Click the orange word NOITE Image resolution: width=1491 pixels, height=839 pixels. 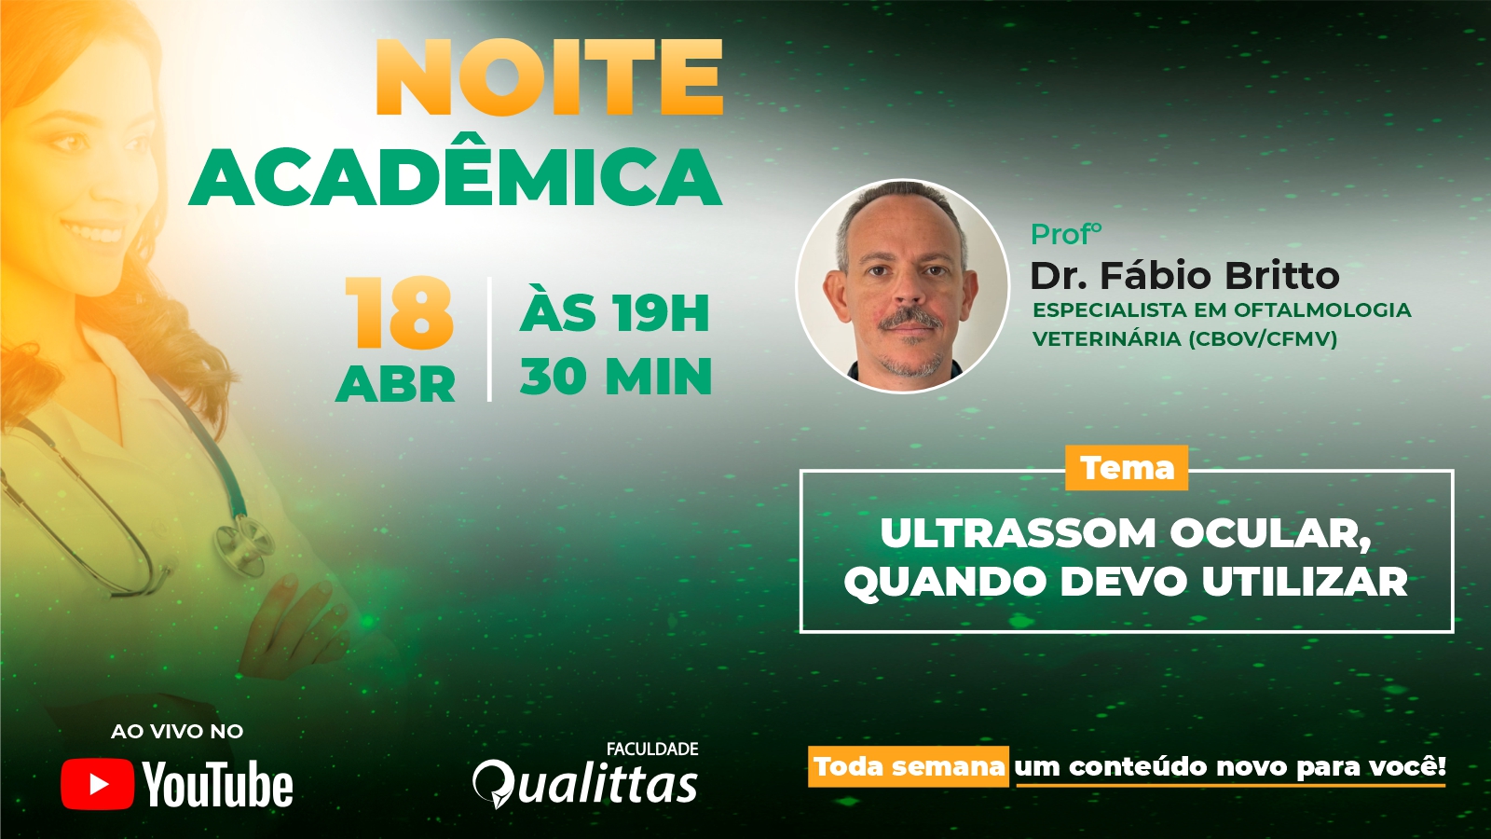(550, 77)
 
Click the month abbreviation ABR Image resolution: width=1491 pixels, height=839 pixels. (395, 383)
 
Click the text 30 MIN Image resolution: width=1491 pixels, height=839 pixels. (616, 377)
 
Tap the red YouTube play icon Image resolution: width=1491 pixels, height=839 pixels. (97, 784)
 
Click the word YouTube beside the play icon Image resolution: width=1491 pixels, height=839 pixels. (218, 784)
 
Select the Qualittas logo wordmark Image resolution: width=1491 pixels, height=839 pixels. (585, 784)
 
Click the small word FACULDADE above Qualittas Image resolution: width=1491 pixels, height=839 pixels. (652, 749)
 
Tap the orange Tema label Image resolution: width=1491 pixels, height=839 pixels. (1127, 468)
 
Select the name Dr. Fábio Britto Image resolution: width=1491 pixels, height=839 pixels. (1184, 275)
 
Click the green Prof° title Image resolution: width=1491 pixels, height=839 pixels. (1066, 234)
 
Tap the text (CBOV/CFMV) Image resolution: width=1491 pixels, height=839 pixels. (1263, 339)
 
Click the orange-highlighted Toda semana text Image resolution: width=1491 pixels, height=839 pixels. (909, 766)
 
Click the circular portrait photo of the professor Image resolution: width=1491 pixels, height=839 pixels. (903, 286)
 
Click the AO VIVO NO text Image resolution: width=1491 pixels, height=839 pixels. (177, 731)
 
